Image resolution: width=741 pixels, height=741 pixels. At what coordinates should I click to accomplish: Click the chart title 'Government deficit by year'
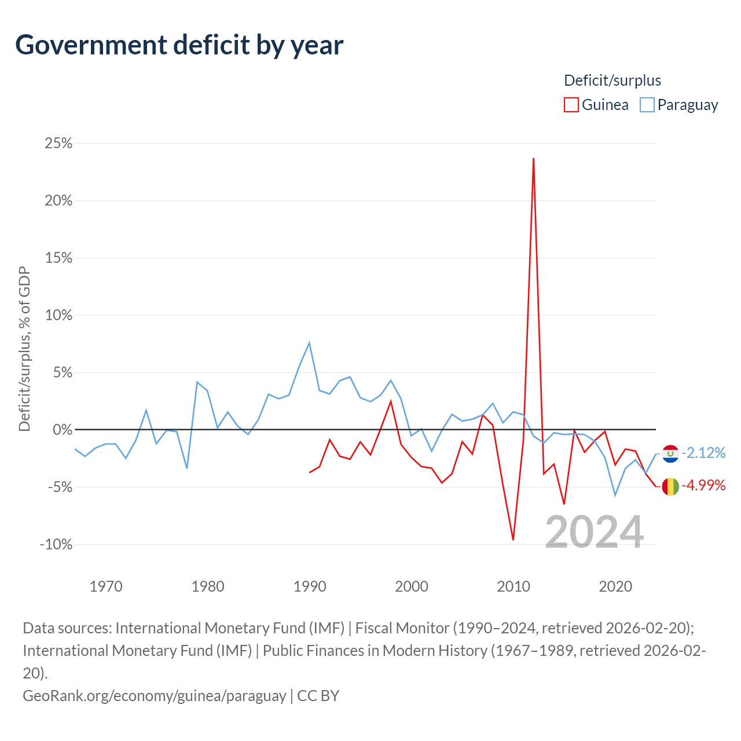tap(179, 45)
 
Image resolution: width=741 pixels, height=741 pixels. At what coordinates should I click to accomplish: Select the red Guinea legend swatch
tap(571, 105)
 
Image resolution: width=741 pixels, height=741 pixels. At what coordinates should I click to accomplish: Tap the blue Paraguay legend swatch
tap(647, 105)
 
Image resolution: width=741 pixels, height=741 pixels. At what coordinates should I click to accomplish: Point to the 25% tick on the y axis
tap(58, 143)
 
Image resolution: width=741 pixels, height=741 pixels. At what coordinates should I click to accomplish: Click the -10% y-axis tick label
tap(56, 544)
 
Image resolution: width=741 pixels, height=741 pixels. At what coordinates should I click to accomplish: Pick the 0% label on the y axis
tap(63, 430)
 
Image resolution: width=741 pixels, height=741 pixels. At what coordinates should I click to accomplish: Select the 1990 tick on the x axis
tap(310, 586)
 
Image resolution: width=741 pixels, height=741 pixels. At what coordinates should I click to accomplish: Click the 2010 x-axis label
tap(513, 586)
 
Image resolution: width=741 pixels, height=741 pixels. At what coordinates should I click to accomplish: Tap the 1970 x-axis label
tap(106, 586)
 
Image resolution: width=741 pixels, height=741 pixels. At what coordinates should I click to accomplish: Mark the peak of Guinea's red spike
tap(533, 158)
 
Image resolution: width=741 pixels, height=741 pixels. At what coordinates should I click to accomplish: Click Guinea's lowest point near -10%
tap(513, 540)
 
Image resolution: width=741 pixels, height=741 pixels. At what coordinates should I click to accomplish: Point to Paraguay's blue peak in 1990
tap(309, 342)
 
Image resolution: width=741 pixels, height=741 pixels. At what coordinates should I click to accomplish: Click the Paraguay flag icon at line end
tap(670, 454)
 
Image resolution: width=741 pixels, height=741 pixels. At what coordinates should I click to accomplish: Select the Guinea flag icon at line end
tap(670, 486)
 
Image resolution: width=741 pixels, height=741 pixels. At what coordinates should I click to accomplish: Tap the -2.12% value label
tap(703, 453)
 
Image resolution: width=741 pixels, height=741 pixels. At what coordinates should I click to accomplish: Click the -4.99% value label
tap(703, 485)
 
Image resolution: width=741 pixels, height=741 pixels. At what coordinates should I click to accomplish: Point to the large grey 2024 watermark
tap(594, 532)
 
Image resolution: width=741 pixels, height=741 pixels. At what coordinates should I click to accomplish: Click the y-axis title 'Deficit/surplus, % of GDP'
tap(25, 349)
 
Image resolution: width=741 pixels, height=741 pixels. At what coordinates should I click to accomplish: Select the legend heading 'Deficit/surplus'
tap(612, 80)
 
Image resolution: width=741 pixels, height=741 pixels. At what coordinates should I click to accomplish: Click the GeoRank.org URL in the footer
tap(155, 696)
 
